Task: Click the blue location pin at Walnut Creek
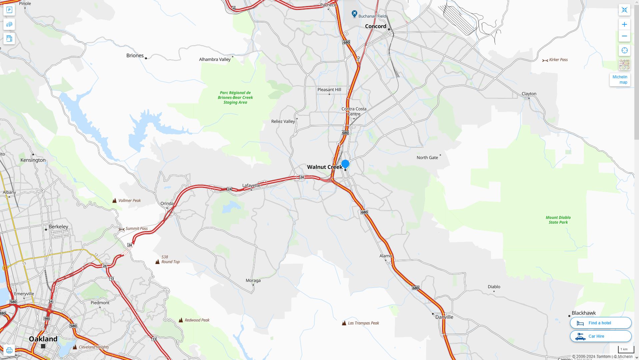(345, 164)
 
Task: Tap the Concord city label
(375, 26)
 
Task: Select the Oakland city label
(43, 339)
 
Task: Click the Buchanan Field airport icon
(354, 14)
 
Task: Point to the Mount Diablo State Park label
(558, 220)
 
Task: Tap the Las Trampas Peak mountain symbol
(344, 323)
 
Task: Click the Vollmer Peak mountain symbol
(114, 201)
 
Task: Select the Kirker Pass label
(558, 60)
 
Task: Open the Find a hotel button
(600, 323)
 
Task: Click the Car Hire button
(600, 336)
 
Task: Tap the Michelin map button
(620, 80)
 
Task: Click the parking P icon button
(9, 10)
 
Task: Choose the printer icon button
(9, 350)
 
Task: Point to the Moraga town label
(253, 281)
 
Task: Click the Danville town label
(444, 317)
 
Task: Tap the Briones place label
(135, 56)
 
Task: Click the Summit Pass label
(136, 229)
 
